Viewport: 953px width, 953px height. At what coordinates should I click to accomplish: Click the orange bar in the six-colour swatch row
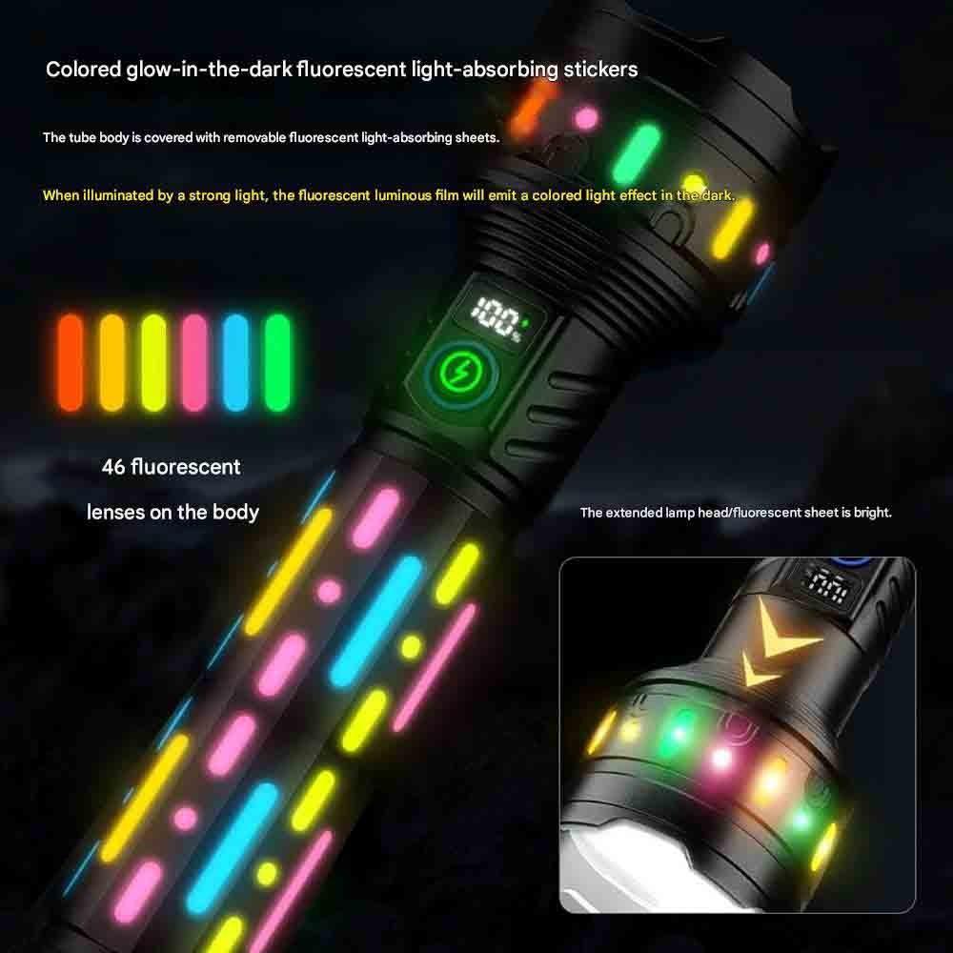(x=71, y=362)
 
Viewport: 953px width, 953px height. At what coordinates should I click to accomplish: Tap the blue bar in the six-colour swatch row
(x=235, y=362)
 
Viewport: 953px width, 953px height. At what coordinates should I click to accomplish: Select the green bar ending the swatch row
(x=277, y=362)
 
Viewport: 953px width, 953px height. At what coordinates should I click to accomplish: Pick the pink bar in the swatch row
(x=194, y=362)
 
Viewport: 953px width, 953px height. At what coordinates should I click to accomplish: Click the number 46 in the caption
(x=113, y=467)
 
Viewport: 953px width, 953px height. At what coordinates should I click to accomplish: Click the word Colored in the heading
(x=84, y=70)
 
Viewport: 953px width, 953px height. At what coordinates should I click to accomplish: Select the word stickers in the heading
(x=600, y=70)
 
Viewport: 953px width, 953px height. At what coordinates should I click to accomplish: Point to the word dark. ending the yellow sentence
(x=719, y=195)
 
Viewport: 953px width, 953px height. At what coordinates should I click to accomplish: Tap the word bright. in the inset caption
(x=873, y=513)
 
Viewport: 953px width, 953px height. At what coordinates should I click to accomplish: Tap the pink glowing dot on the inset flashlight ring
(x=721, y=758)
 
